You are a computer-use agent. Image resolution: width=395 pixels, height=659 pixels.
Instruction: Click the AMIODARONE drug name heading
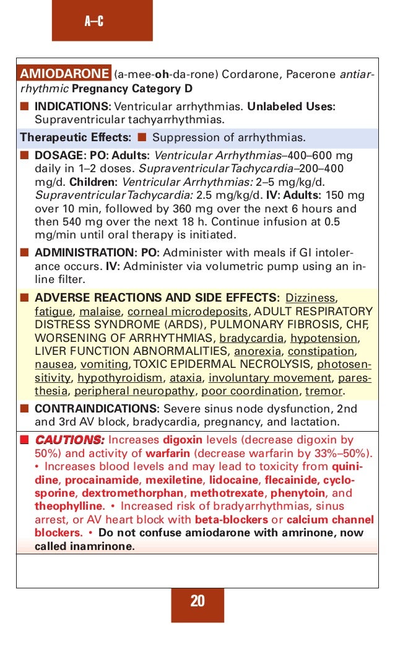65,74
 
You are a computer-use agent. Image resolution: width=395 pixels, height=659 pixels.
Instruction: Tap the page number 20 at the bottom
197,601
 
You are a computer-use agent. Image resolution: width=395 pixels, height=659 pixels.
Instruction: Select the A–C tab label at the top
93,23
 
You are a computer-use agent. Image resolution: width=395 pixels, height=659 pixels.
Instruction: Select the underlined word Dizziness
310,297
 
